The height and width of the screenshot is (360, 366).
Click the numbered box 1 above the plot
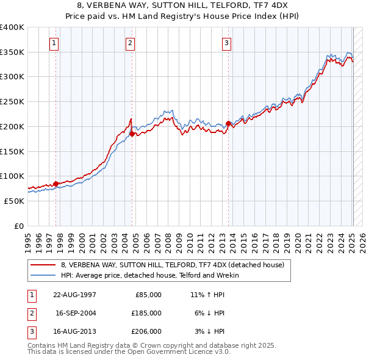point(54,43)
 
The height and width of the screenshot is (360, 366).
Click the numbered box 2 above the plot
point(131,43)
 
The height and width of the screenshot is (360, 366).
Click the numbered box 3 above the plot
point(226,43)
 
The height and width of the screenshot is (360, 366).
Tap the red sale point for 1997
point(56,183)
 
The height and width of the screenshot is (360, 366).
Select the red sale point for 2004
point(132,134)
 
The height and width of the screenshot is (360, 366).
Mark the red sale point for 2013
point(228,123)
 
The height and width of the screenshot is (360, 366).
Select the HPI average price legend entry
point(150,275)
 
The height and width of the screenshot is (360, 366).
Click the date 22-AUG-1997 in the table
point(75,295)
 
